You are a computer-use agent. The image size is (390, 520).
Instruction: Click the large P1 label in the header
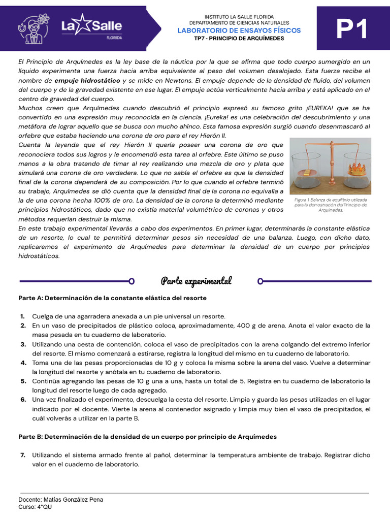coord(352,31)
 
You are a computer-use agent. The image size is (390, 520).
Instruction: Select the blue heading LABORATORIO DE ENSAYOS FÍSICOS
coord(239,30)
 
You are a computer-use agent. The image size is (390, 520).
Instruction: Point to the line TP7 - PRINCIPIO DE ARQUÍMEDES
coord(239,39)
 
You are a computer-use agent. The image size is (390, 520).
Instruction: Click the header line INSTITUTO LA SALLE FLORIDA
coord(239,17)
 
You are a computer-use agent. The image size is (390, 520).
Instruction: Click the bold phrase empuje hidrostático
coord(87,80)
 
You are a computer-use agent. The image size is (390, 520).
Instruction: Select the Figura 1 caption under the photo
coord(331,205)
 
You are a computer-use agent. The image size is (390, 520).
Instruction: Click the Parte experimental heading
coord(196,281)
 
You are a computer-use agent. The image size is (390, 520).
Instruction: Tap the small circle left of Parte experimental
coord(132,281)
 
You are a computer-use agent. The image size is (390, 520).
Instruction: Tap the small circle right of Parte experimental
coord(261,281)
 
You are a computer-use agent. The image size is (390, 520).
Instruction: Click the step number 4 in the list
coord(23,363)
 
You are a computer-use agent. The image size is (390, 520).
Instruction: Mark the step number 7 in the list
coord(23,455)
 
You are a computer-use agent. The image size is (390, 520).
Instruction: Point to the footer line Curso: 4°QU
coord(35,507)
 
